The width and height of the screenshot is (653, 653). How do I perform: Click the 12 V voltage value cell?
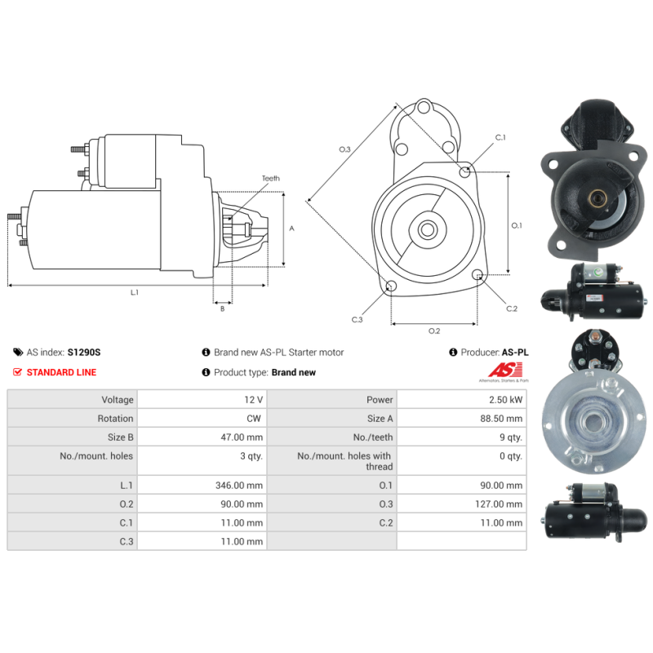(x=253, y=400)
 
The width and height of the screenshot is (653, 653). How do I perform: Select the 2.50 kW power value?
(x=505, y=400)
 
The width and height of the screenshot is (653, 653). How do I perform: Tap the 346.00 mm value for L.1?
(x=239, y=485)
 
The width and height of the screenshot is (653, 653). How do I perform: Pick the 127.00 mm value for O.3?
(x=499, y=504)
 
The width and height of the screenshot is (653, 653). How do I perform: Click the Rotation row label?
(x=115, y=419)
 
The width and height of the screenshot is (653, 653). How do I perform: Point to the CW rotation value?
(x=254, y=419)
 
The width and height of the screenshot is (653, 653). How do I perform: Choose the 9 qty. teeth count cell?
(x=511, y=438)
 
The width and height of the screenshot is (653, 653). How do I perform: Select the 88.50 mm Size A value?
(x=501, y=419)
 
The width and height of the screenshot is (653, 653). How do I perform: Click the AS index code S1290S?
(x=84, y=353)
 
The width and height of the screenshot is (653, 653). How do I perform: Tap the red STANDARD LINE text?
(x=62, y=372)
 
